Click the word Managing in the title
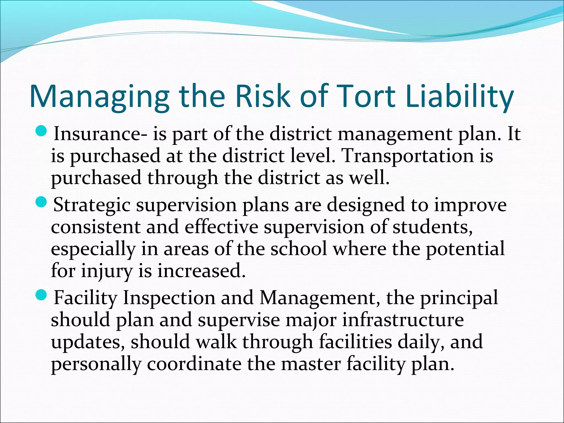point(99,96)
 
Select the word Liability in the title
point(459,96)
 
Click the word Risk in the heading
point(263,96)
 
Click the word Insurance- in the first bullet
point(100,134)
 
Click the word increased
point(201,271)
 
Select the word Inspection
point(169,298)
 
